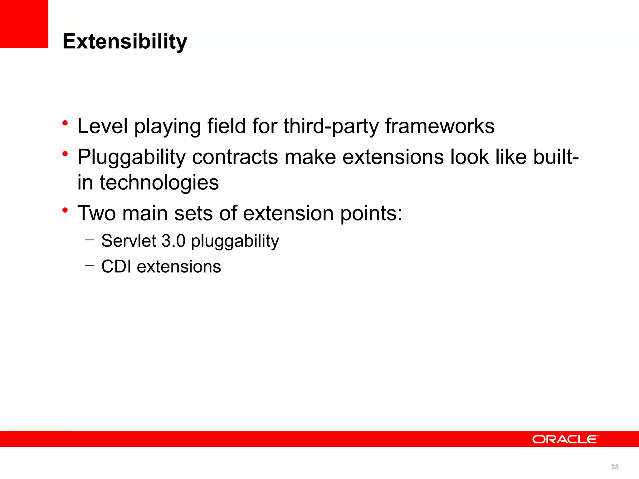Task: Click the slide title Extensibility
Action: pos(124,41)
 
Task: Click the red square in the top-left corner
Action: pos(24,24)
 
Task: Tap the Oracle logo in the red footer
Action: pos(565,439)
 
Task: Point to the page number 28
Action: pos(615,467)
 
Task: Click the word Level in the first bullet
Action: pos(102,126)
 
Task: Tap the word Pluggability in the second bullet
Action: pos(131,157)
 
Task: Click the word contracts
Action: pos(235,157)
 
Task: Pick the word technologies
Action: pos(159,183)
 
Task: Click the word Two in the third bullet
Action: pos(96,213)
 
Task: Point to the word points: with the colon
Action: pos(371,214)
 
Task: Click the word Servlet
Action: pos(129,241)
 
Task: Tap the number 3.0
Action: pos(173,241)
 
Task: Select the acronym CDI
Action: pos(116,267)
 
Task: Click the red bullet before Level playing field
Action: pos(65,123)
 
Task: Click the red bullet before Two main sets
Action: pos(65,210)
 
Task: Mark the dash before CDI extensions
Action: pos(89,266)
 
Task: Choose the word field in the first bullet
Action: pos(227,126)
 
